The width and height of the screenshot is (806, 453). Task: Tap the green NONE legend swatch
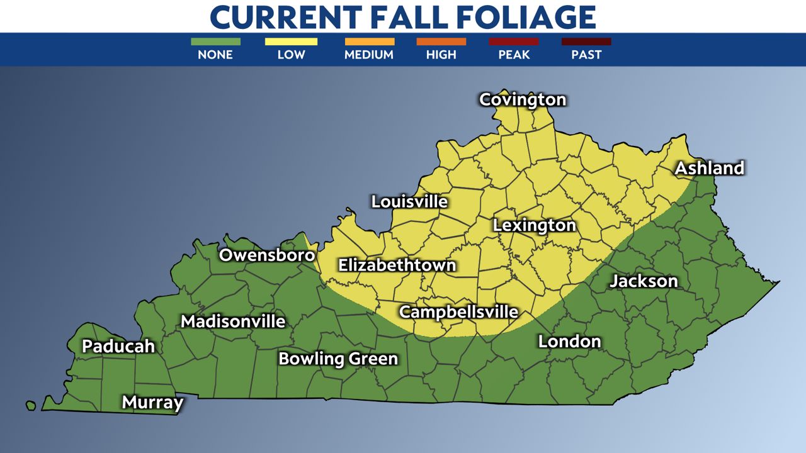pos(215,42)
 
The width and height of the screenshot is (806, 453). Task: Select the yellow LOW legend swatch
pos(291,42)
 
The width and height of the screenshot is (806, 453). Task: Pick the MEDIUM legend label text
pos(369,55)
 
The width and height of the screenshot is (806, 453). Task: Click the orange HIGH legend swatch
pos(441,42)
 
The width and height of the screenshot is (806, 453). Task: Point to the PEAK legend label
pos(514,55)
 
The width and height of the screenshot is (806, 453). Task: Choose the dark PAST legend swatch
pos(586,42)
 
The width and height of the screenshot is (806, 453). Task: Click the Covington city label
pos(523,99)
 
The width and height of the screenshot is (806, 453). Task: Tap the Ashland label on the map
pos(710,168)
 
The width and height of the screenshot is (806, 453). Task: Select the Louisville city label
pos(409,201)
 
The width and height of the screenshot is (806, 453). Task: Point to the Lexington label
pos(534,225)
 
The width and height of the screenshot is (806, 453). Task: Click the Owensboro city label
pos(267,255)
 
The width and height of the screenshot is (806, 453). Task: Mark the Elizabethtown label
pos(397,265)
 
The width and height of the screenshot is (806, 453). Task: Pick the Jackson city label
pos(644,281)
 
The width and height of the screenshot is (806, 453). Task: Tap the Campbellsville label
pos(458,311)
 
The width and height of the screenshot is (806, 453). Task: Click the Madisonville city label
pos(233,321)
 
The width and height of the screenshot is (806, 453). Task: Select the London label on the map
pos(569,341)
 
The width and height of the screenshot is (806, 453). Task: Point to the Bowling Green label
pos(338,359)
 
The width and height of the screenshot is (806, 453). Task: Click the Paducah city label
pos(118,346)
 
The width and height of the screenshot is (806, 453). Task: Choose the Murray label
pos(152,402)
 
